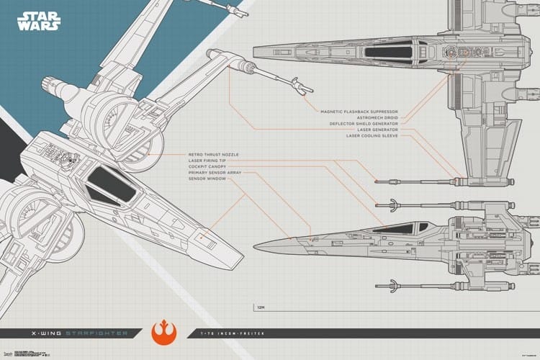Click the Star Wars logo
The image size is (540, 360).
tap(41, 21)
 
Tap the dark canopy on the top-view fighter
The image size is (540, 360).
tap(385, 51)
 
